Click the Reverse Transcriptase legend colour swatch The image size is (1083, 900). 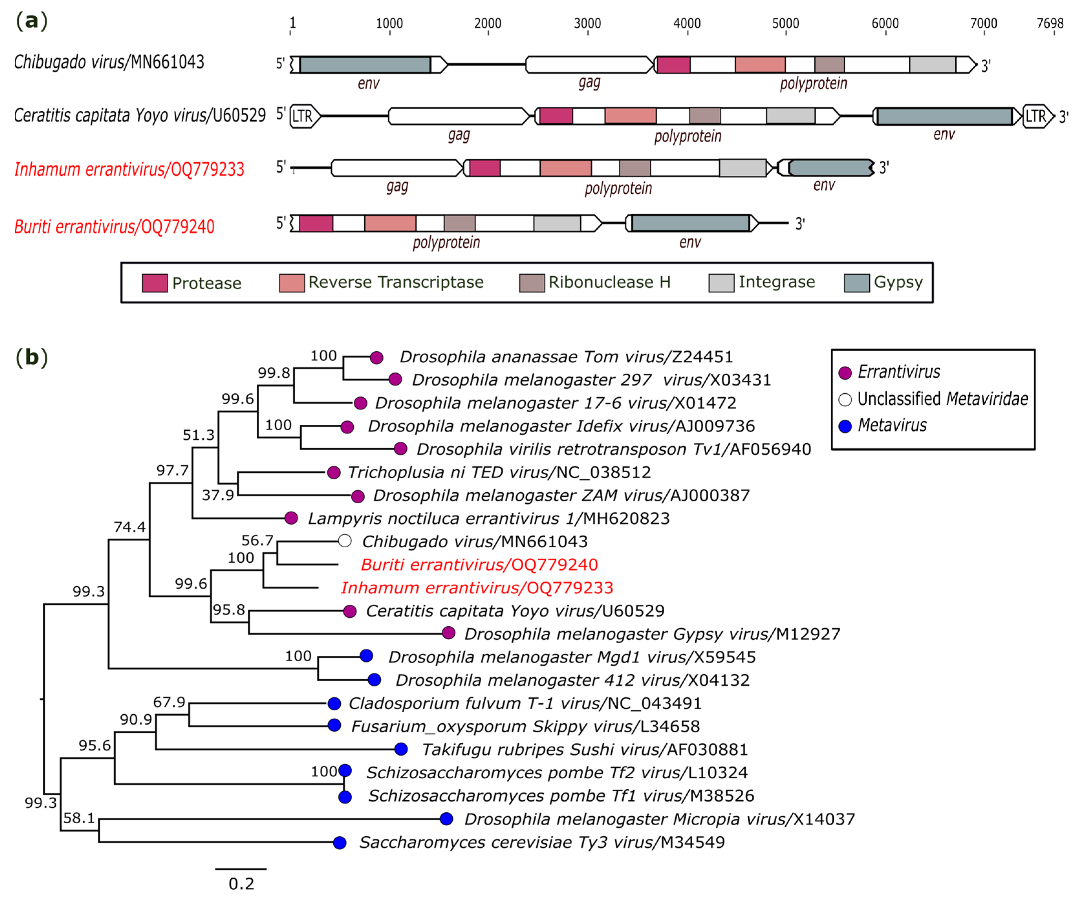[291, 283]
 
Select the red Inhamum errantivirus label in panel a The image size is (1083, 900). [129, 169]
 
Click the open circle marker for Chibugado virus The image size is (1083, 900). [345, 541]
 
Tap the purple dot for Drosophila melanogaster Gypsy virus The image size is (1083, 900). [448, 633]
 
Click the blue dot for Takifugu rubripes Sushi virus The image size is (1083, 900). [401, 749]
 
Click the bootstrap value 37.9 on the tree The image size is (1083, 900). [218, 495]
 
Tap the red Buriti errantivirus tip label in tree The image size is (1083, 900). [479, 565]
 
